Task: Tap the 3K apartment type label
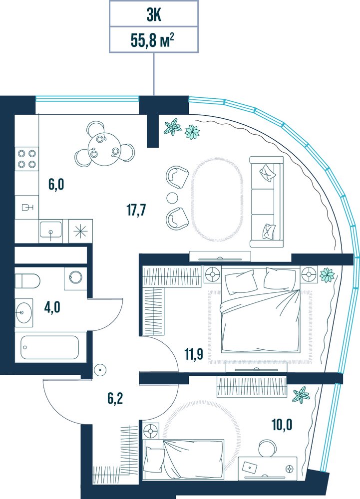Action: point(154,15)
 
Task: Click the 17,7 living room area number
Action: point(136,210)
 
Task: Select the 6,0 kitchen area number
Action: point(56,184)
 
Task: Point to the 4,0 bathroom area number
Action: point(52,308)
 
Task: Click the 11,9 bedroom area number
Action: point(194,354)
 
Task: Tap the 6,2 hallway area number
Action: point(114,399)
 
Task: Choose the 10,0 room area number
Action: point(282,425)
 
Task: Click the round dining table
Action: point(104,148)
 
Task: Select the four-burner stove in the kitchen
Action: point(27,159)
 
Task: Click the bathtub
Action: point(50,347)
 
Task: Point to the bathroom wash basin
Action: point(24,312)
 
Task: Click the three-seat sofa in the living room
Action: point(267,202)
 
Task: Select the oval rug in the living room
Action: point(216,199)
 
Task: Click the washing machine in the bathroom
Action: point(75,278)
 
